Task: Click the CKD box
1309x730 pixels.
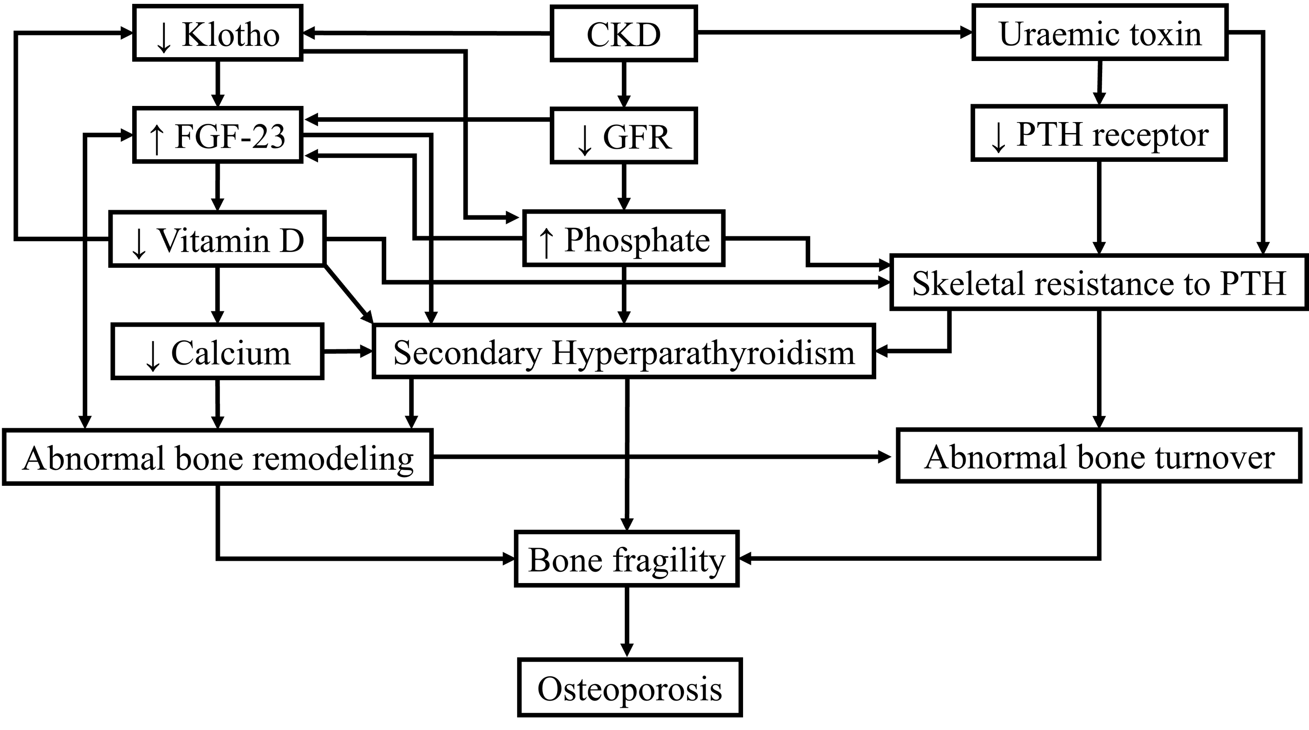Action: [x=624, y=34]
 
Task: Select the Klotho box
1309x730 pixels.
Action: [x=217, y=34]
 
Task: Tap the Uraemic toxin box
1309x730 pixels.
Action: [x=1100, y=34]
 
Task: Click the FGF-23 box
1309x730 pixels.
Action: [x=217, y=135]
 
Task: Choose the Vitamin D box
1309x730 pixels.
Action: [x=217, y=239]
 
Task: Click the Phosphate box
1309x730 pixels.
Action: [x=624, y=239]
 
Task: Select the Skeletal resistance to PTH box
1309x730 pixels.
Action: [x=1099, y=283]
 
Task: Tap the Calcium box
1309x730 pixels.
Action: [x=217, y=351]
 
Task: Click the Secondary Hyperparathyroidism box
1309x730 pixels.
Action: [x=624, y=351]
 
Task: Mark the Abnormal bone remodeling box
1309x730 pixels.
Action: [x=217, y=457]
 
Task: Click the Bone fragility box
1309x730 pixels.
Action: [x=627, y=559]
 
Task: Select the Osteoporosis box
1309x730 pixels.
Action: [x=630, y=688]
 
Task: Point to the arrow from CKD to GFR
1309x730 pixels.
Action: [x=624, y=84]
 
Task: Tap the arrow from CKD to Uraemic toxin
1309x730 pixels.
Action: [x=833, y=33]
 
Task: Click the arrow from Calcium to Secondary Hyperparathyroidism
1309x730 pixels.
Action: [x=348, y=351]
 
